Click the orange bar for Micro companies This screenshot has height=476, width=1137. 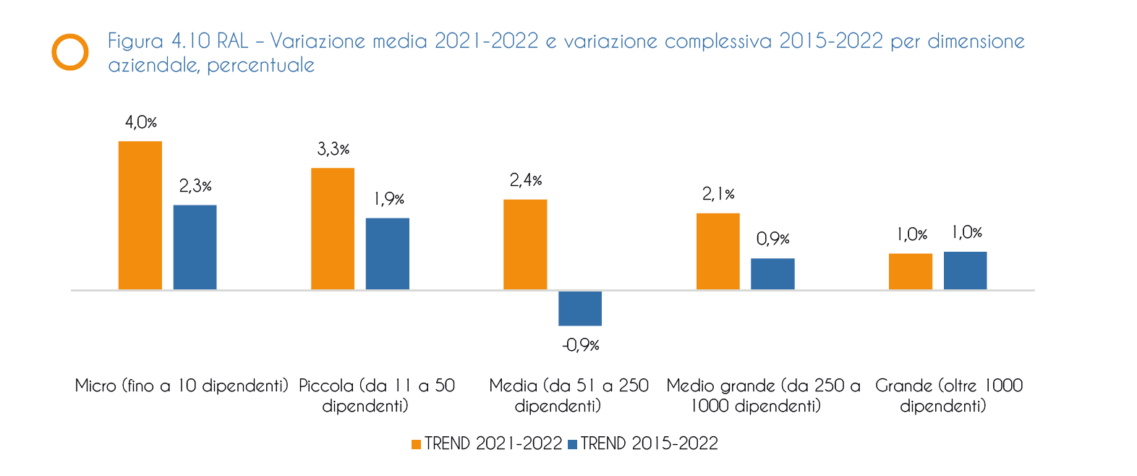[x=140, y=216]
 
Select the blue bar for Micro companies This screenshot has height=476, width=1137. [x=195, y=247]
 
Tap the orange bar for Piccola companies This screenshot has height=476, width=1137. [x=333, y=229]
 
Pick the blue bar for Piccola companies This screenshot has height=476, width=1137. [x=387, y=254]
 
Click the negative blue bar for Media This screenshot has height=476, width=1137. [x=580, y=308]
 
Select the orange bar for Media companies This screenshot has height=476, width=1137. [x=525, y=245]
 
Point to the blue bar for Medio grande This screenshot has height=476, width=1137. [x=772, y=274]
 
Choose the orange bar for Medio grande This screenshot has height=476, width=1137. [x=717, y=251]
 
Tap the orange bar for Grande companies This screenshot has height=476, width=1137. [x=910, y=271]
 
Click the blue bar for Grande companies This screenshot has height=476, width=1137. [x=965, y=271]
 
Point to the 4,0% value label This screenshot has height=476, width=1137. [x=140, y=122]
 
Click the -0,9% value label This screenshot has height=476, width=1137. [x=580, y=345]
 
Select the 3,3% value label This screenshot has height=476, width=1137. [x=333, y=149]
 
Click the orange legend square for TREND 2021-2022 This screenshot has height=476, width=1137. [x=416, y=444]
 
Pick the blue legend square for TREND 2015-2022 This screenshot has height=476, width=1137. [x=573, y=444]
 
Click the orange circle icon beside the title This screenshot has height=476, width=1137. [x=70, y=52]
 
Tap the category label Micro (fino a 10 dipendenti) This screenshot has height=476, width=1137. [x=182, y=386]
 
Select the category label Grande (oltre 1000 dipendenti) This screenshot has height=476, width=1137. [x=948, y=395]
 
